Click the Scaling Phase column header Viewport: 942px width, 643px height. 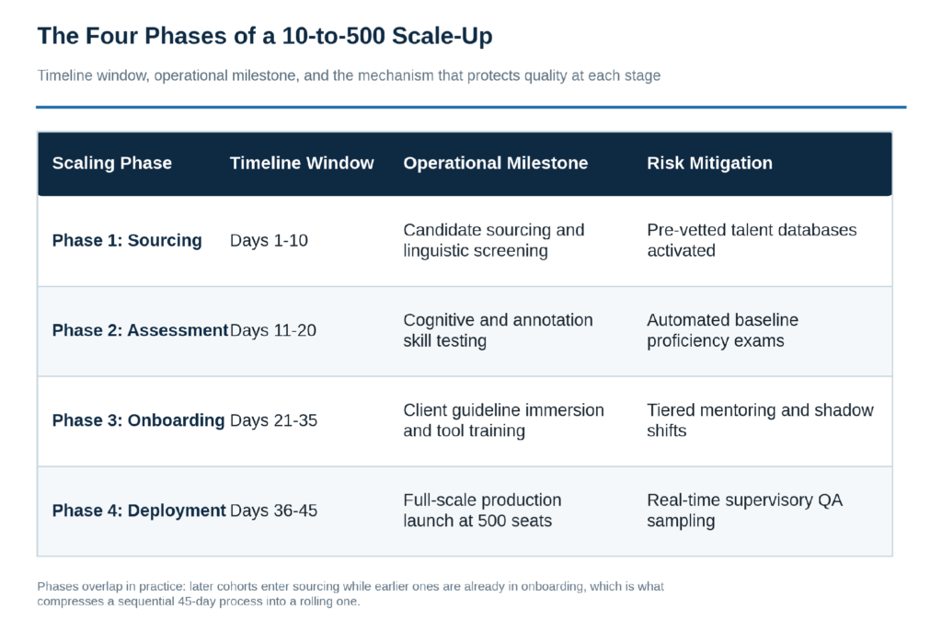[x=111, y=163]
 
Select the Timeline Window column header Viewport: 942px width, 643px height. [x=302, y=163]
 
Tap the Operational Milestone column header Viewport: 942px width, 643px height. [x=496, y=163]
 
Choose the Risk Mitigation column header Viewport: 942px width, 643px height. [x=709, y=163]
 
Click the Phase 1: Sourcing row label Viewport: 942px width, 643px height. [x=127, y=240]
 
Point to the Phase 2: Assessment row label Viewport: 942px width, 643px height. [x=140, y=330]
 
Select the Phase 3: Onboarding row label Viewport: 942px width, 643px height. [x=138, y=420]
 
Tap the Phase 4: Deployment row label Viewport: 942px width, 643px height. [x=139, y=511]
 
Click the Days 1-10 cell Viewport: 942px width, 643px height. [x=269, y=240]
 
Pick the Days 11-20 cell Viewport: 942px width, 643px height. [x=272, y=330]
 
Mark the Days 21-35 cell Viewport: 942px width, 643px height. [x=273, y=420]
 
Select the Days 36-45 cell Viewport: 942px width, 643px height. [x=273, y=511]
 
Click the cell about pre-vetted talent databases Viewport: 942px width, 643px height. [x=752, y=240]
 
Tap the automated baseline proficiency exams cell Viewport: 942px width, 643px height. [x=723, y=330]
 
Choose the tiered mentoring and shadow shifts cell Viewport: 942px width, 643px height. [x=760, y=420]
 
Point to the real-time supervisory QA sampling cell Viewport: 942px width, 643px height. [x=745, y=511]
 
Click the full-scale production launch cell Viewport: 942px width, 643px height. [x=482, y=511]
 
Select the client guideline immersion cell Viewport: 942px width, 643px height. [x=503, y=420]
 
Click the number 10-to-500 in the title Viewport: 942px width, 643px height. [x=333, y=36]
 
